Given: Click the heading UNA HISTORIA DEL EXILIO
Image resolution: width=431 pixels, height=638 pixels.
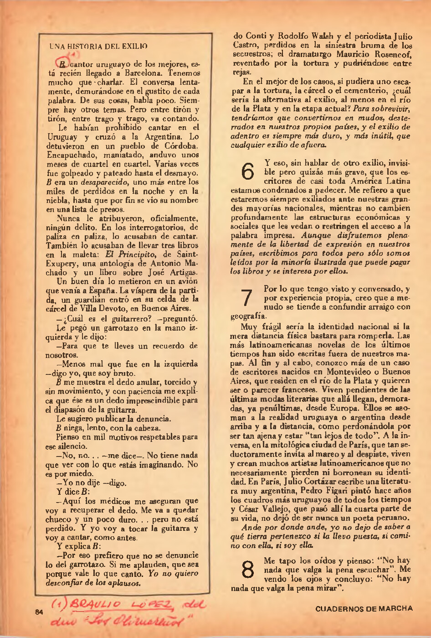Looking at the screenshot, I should (98, 46).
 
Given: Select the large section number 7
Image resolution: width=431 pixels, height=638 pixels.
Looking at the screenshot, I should (246, 298).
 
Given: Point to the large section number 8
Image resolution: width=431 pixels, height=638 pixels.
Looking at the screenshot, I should (247, 570).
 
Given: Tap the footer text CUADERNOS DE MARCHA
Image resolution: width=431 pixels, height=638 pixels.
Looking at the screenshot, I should (364, 608).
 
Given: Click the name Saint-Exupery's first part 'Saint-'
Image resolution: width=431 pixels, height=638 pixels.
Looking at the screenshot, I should (187, 254).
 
